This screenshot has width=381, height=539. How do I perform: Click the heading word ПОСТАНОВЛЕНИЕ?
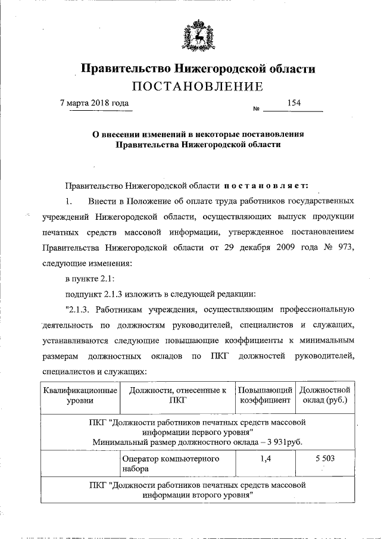point(197,87)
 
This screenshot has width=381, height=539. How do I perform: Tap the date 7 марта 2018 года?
point(95,102)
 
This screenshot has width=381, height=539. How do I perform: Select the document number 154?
point(293,102)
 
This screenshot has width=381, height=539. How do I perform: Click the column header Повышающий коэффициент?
point(264,395)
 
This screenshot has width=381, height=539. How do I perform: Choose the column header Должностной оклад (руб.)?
point(324,395)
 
